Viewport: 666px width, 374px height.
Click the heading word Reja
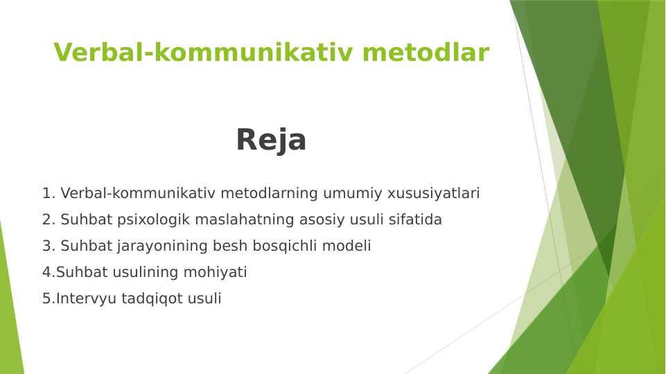tap(271, 140)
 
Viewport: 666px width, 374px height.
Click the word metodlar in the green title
tap(426, 52)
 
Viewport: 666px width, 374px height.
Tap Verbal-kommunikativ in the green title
tap(203, 52)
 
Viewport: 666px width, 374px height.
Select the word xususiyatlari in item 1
tap(434, 193)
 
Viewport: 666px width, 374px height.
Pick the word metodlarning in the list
tap(270, 194)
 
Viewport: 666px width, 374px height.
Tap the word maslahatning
tap(244, 220)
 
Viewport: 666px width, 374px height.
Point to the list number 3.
tap(49, 246)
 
